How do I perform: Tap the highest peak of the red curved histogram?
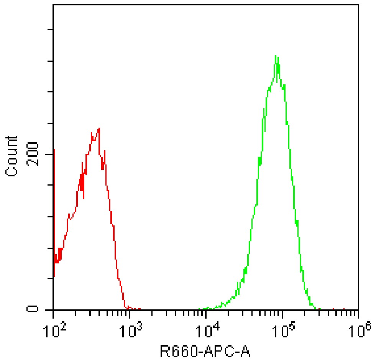99,128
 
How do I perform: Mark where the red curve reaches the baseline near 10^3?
126,308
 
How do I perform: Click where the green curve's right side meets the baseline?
316,309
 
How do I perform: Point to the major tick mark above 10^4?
206,314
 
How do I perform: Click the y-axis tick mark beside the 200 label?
50,155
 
